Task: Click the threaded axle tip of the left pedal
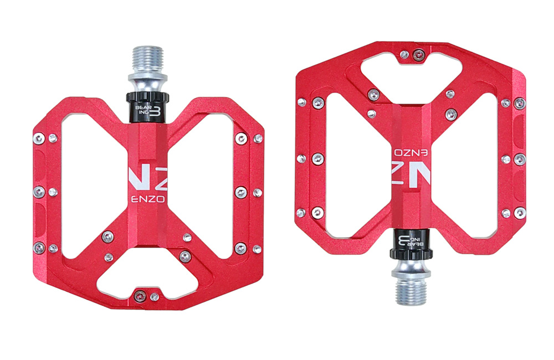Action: (x=148, y=59)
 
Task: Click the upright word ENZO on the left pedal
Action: (x=148, y=199)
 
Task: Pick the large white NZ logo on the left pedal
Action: (x=148, y=178)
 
